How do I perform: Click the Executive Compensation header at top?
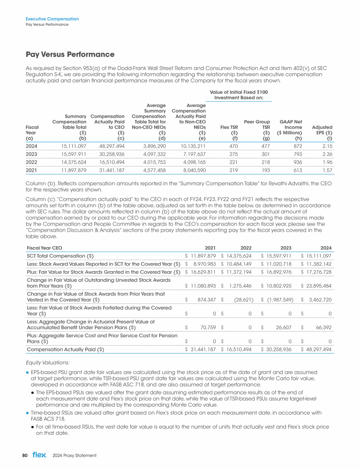pyautogui.click(x=52, y=19)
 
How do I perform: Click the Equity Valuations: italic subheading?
pyautogui.click(x=47, y=362)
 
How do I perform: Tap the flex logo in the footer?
pyautogui.click(x=39, y=455)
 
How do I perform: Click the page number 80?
pyautogui.click(x=25, y=455)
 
